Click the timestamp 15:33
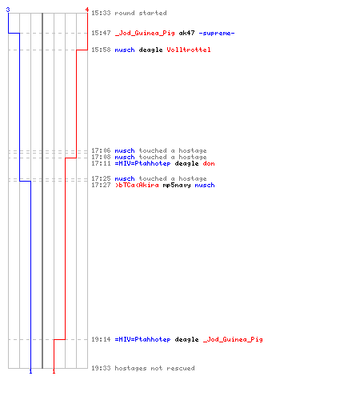(101, 13)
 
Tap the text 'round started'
(141, 13)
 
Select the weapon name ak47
(186, 33)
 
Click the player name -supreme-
(217, 34)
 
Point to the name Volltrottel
(189, 50)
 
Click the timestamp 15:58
(101, 50)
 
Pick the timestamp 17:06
(101, 150)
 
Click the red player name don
(209, 163)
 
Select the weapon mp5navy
(177, 186)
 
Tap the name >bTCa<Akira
(137, 185)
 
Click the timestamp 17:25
(101, 178)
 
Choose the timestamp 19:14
(101, 339)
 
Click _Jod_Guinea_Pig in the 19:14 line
(233, 340)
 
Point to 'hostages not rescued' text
(154, 368)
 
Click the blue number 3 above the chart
(8, 10)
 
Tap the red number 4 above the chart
(87, 10)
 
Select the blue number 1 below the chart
(30, 371)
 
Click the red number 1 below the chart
(54, 371)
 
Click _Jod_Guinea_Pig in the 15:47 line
(145, 34)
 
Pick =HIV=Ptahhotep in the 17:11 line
(142, 163)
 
